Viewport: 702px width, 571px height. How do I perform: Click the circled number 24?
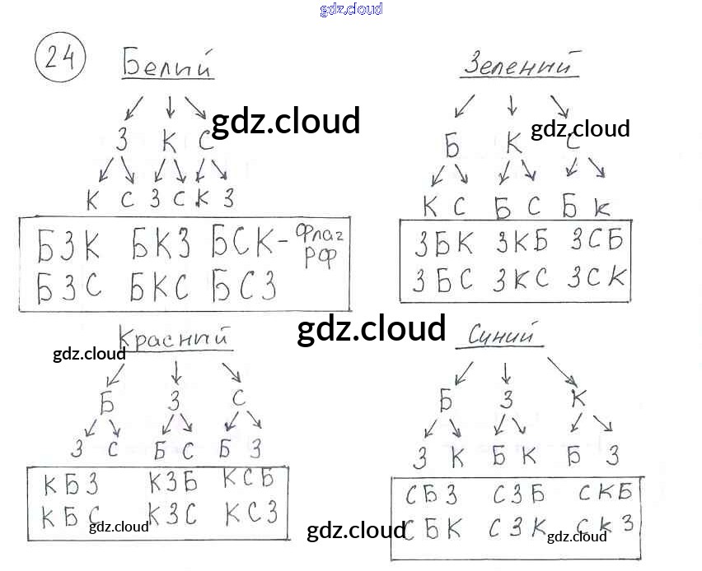pyautogui.click(x=60, y=59)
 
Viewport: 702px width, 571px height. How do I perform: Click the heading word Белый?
pyautogui.click(x=168, y=63)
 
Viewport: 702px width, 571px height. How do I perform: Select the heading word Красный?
pyautogui.click(x=172, y=338)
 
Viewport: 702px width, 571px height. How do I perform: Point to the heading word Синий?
pyautogui.click(x=502, y=335)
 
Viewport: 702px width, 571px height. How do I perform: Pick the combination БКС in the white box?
pyautogui.click(x=160, y=285)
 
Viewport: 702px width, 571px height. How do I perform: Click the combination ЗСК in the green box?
pyautogui.click(x=597, y=279)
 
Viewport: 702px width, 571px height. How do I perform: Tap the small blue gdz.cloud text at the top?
pyautogui.click(x=351, y=10)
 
